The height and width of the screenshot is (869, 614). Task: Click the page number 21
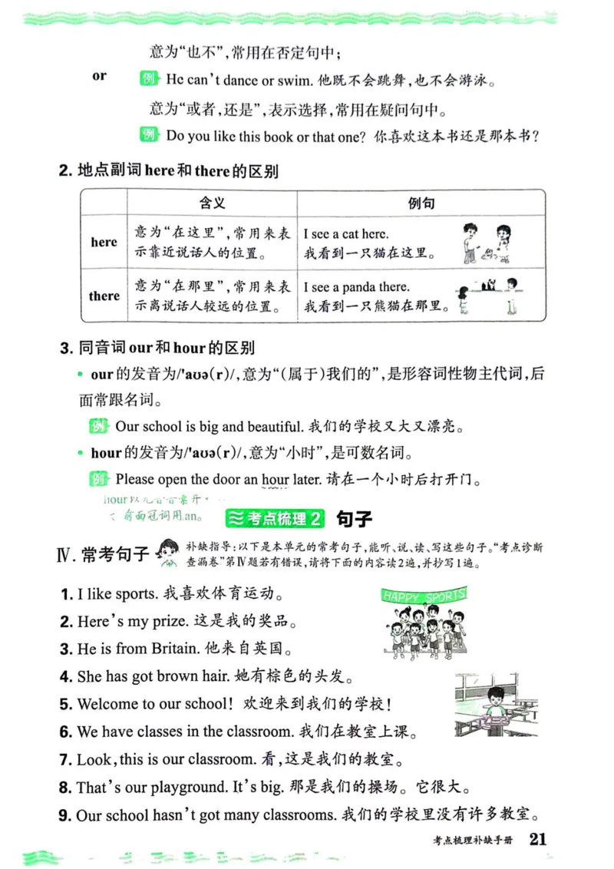(537, 839)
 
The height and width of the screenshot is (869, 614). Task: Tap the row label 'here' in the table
(104, 243)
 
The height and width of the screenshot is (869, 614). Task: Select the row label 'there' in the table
(104, 296)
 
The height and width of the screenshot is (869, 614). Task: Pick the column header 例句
(421, 203)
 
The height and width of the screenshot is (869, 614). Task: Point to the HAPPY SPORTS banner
(424, 595)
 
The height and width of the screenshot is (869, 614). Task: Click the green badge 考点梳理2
(276, 519)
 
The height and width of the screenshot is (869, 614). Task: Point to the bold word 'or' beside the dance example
(100, 76)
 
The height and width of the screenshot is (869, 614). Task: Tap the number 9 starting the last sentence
(65, 815)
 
